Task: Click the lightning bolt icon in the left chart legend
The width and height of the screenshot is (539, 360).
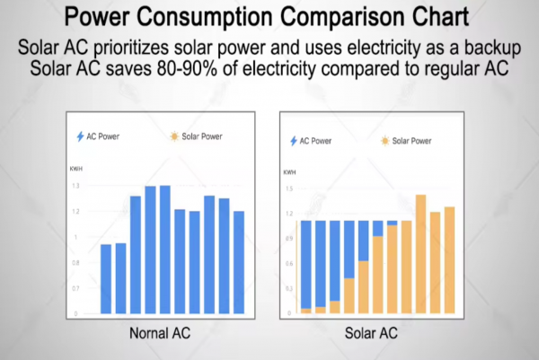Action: click(81, 136)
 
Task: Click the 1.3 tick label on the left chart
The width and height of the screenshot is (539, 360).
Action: click(75, 186)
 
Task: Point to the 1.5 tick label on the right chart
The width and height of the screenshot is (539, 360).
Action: click(289, 189)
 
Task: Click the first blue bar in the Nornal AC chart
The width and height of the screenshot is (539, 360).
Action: click(106, 278)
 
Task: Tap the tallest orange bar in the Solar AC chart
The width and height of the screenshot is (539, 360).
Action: click(420, 255)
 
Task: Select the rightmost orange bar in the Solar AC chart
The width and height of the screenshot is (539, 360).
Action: click(449, 261)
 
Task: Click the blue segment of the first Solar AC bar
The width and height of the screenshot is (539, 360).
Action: click(305, 264)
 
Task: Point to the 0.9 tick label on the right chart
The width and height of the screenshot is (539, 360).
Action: click(289, 239)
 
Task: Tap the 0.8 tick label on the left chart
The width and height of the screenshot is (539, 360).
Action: click(75, 262)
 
